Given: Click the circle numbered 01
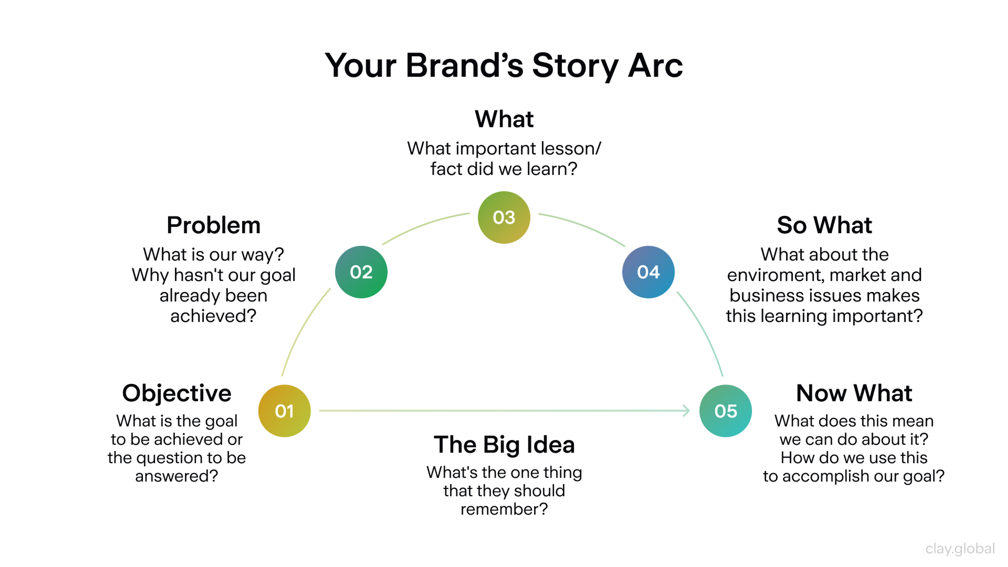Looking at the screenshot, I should pyautogui.click(x=285, y=411).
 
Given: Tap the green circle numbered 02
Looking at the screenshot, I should pyautogui.click(x=361, y=272).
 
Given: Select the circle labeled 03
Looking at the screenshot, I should pyautogui.click(x=504, y=218).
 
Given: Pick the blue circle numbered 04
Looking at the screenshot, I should pyautogui.click(x=648, y=272).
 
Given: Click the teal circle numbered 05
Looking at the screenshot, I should pyautogui.click(x=726, y=411).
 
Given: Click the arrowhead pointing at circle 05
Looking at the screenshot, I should pyautogui.click(x=687, y=411).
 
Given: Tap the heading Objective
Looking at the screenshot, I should pyautogui.click(x=177, y=393).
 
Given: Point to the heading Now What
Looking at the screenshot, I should pyautogui.click(x=854, y=393).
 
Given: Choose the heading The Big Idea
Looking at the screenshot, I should pyautogui.click(x=504, y=445).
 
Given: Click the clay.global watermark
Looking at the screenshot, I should pyautogui.click(x=960, y=549).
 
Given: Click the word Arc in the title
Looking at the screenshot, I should pyautogui.click(x=655, y=66).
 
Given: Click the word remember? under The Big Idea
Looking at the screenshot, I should pyautogui.click(x=504, y=509).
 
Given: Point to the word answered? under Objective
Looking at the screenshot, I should pyautogui.click(x=177, y=476).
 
